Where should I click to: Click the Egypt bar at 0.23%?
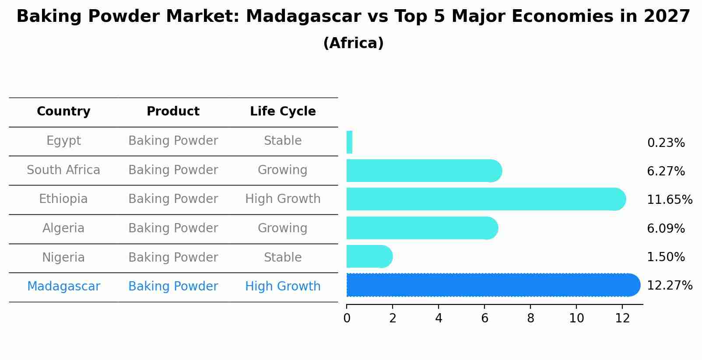[349, 142]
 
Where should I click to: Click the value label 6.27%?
[666, 171]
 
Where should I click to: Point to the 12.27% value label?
[669, 286]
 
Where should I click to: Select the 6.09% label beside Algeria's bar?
[666, 229]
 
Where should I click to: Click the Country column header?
[63, 112]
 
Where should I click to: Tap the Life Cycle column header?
[283, 112]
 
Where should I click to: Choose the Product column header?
[173, 112]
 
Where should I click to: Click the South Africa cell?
[63, 170]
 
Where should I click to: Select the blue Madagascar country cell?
[63, 287]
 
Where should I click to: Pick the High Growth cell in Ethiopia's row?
[283, 199]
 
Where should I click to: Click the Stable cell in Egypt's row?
[283, 141]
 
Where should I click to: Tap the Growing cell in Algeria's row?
[283, 228]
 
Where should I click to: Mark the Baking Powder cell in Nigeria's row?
[173, 258]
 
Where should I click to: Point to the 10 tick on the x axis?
[576, 318]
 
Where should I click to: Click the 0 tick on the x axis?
[347, 318]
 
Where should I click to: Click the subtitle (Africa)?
[353, 43]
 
